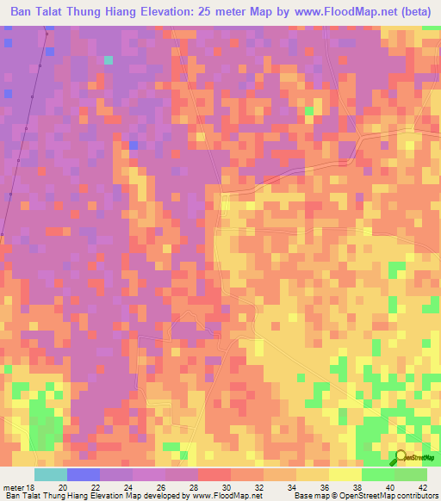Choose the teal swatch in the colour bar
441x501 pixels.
pos(51,474)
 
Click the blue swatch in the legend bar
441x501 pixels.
pos(84,474)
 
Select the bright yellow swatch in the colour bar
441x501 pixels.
pos(345,474)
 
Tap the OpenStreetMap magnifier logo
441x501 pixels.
pos(400,457)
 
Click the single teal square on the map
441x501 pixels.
pos(109,60)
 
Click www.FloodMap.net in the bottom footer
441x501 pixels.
pos(226,495)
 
